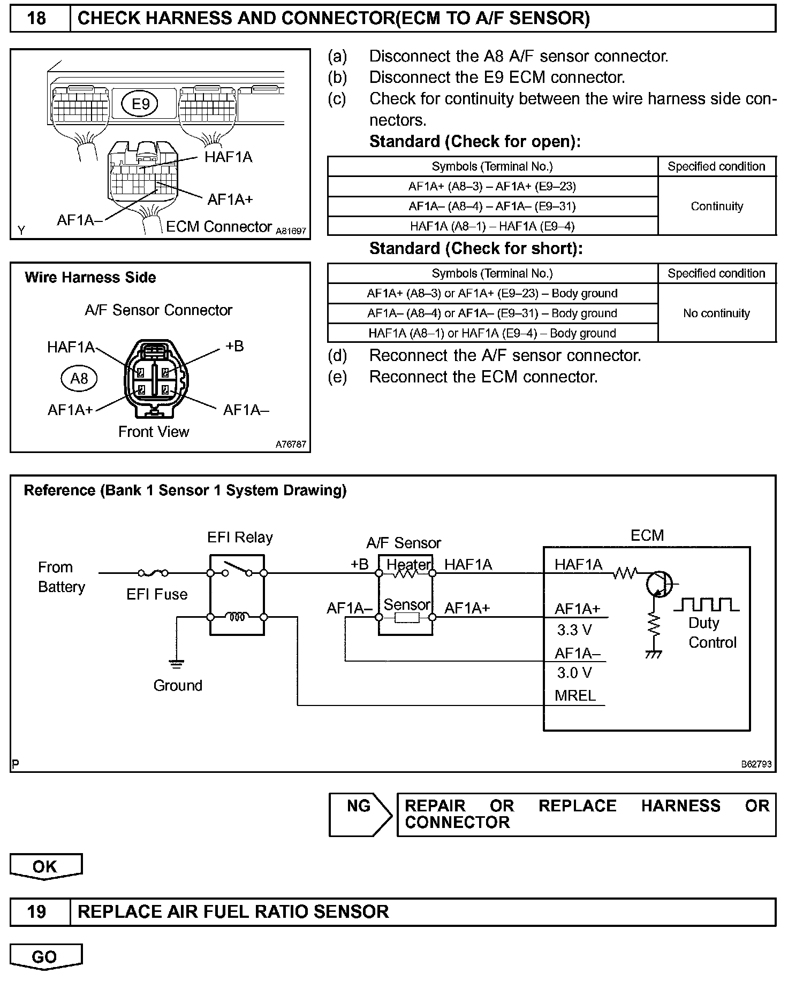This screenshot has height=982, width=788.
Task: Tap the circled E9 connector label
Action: tap(140, 103)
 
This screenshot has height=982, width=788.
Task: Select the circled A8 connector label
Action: tap(79, 379)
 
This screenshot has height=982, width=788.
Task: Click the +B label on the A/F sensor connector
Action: tap(234, 346)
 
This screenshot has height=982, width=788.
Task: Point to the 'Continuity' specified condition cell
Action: tap(716, 206)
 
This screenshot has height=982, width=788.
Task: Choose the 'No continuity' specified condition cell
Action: tap(716, 313)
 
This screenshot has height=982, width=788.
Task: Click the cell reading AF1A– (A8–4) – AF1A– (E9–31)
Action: tap(492, 206)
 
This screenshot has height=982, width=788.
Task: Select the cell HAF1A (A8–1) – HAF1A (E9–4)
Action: tap(492, 226)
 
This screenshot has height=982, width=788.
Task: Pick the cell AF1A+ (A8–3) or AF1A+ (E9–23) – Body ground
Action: tap(492, 294)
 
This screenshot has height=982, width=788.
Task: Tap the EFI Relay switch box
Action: tap(237, 594)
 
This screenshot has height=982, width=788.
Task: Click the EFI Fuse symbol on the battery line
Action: tap(153, 573)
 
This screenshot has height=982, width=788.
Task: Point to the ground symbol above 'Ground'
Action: tap(176, 664)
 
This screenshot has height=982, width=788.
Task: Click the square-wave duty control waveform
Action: tap(706, 604)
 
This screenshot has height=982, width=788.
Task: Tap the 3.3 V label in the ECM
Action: tap(574, 630)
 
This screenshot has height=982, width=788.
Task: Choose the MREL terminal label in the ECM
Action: tap(575, 696)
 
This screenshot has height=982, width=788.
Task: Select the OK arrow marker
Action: tap(46, 867)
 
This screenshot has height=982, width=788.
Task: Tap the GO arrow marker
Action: tap(46, 957)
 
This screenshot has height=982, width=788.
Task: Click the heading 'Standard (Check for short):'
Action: tap(475, 249)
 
